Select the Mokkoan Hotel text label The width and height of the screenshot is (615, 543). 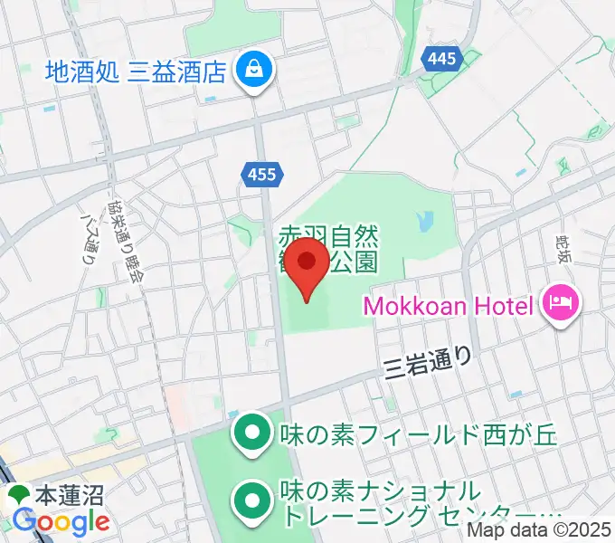point(449,306)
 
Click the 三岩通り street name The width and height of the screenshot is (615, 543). point(427,363)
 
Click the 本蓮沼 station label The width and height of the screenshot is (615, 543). point(69,495)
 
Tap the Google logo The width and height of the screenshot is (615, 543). point(60,521)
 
